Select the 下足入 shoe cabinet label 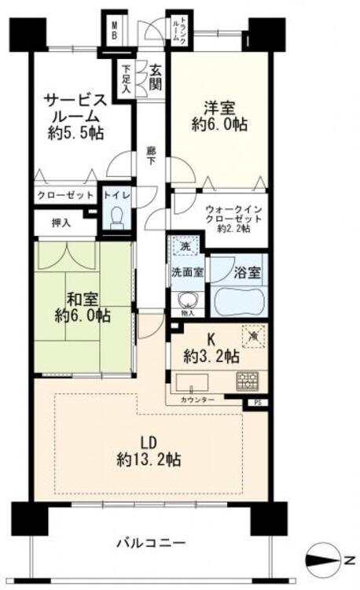(126, 79)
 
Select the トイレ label (117, 194)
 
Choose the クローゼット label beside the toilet (65, 194)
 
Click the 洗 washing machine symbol (183, 246)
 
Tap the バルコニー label (150, 544)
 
